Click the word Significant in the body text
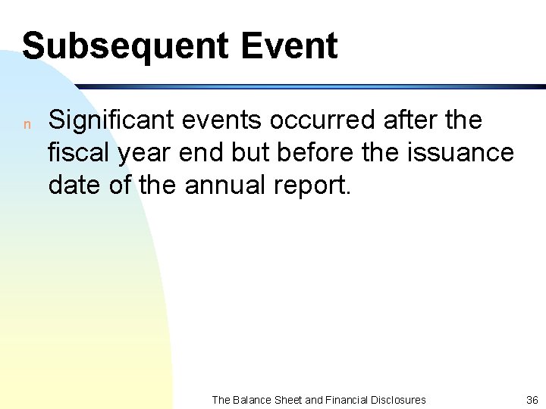point(106,120)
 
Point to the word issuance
point(465,152)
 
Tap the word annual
point(215,185)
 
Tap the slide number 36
point(531,400)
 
